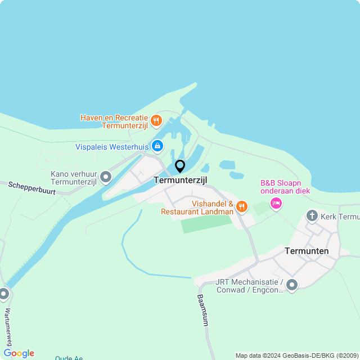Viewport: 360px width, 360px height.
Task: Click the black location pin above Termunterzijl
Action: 180,166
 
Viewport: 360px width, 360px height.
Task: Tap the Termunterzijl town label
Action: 181,180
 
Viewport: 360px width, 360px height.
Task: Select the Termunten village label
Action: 307,251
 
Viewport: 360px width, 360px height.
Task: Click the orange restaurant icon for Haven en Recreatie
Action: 156,120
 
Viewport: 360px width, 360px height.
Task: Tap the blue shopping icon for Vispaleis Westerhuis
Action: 157,147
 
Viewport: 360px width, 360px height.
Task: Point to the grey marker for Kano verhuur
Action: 106,178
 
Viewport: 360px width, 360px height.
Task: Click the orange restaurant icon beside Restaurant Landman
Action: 242,207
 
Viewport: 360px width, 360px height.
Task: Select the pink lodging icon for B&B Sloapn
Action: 276,203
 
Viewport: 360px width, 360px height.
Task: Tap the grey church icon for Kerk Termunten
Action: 312,215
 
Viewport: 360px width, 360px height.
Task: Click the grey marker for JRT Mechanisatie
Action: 291,285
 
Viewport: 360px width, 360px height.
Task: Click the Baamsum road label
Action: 202,310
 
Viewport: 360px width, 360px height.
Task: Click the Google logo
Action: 19,353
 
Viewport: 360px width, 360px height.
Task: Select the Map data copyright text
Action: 296,355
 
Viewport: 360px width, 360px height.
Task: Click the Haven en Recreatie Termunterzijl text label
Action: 114,122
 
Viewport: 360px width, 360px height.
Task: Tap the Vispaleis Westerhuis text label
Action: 112,147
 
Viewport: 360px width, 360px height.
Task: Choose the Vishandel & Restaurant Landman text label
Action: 197,208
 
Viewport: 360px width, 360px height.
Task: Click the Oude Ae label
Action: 69,358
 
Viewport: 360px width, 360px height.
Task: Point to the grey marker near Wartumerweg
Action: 4,294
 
